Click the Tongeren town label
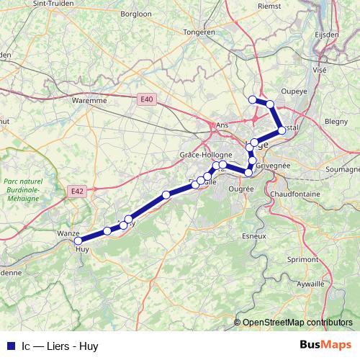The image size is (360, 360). pyautogui.click(x=200, y=32)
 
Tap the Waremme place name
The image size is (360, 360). pyautogui.click(x=89, y=101)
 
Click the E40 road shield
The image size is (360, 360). pyautogui.click(x=147, y=99)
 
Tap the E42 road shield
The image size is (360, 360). pyautogui.click(x=78, y=191)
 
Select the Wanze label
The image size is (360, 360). pyautogui.click(x=68, y=234)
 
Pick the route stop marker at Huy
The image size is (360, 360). pyautogui.click(x=78, y=241)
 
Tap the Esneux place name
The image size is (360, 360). pyautogui.click(x=255, y=235)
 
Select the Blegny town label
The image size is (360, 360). pyautogui.click(x=336, y=122)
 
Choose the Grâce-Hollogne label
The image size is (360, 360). pyautogui.click(x=206, y=155)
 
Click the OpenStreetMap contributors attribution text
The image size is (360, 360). pyautogui.click(x=297, y=323)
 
